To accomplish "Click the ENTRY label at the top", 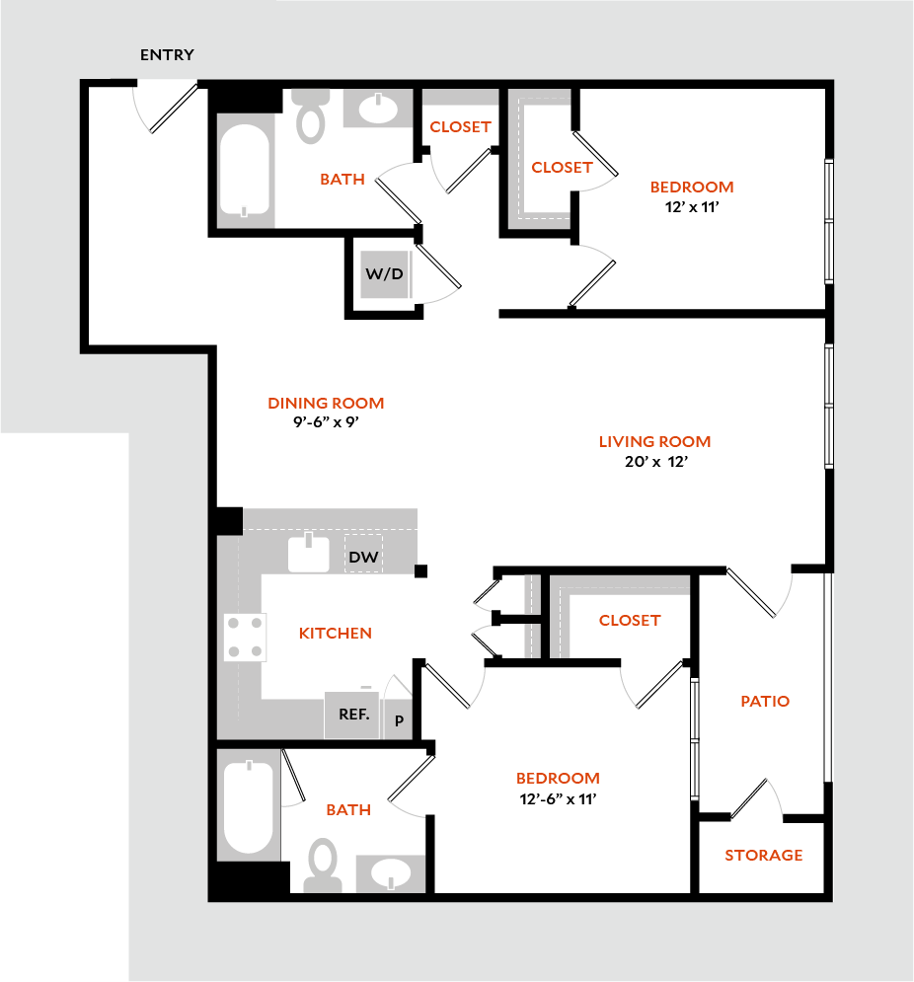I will coord(167,55).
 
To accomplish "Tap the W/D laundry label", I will coord(385,273).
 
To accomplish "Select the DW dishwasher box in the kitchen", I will coord(363,557).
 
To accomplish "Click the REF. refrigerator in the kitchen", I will coord(353,715).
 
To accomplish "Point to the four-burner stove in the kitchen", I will coord(246,637).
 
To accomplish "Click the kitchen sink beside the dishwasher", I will coord(309,554).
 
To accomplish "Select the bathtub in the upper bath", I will coord(245,169).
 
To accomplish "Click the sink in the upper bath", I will coord(378,109).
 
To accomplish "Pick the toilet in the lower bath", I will coord(322,865).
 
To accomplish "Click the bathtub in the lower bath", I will coord(248,807).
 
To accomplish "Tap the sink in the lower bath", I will coord(391,873).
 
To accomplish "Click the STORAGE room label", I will coord(763,856).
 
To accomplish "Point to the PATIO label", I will coord(765,702).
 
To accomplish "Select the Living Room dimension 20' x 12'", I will coord(655,462).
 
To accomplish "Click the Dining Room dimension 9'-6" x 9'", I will coord(326,422).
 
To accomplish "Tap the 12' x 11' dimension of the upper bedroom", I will coord(691,207).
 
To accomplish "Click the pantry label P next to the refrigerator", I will coord(399,720).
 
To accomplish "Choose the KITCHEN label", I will coord(335,634).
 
